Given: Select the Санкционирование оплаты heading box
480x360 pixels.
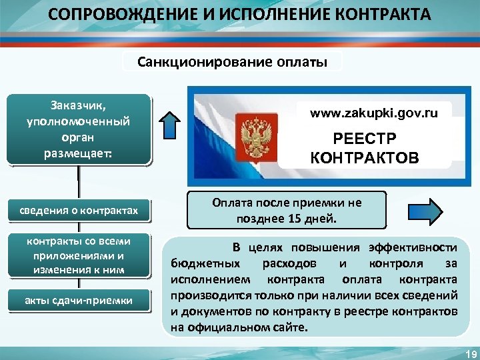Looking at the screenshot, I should tap(233, 62).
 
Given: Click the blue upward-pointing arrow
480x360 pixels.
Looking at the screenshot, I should tap(171, 127).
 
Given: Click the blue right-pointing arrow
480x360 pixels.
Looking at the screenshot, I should tap(423, 212).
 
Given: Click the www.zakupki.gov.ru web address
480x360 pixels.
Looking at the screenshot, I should tap(373, 113).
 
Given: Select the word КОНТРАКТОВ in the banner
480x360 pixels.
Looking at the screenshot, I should tap(364, 158).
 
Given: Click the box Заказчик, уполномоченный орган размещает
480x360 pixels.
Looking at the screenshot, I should tap(79, 129).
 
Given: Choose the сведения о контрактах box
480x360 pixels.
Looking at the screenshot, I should tap(79, 211).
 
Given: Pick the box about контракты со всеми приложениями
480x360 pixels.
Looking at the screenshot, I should tap(79, 255).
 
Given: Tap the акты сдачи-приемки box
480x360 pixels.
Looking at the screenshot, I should tap(79, 301).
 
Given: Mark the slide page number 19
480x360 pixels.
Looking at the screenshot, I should tap(467, 353).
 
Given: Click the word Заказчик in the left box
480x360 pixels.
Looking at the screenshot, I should tap(79, 105).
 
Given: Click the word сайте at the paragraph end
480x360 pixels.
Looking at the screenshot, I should tap(292, 327).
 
